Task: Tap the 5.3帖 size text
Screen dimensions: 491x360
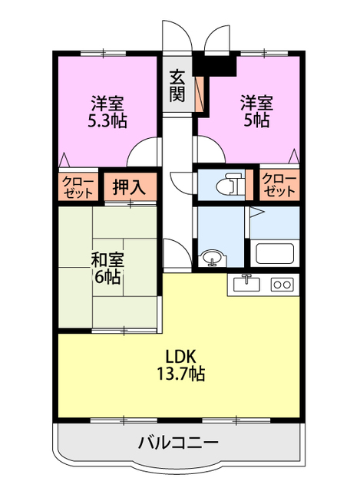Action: pos(107,120)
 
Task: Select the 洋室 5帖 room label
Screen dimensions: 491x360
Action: pos(253,111)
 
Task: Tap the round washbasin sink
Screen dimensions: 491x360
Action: pos(210,259)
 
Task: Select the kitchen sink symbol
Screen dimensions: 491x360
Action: pos(246,284)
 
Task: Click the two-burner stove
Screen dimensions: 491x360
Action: pos(282,285)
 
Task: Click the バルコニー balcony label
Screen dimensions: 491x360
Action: pos(178,443)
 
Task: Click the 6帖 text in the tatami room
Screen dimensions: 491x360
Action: pos(107,277)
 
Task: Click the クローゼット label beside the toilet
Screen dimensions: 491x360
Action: pos(278,185)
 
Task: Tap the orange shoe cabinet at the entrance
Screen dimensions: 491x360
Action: pos(199,92)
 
